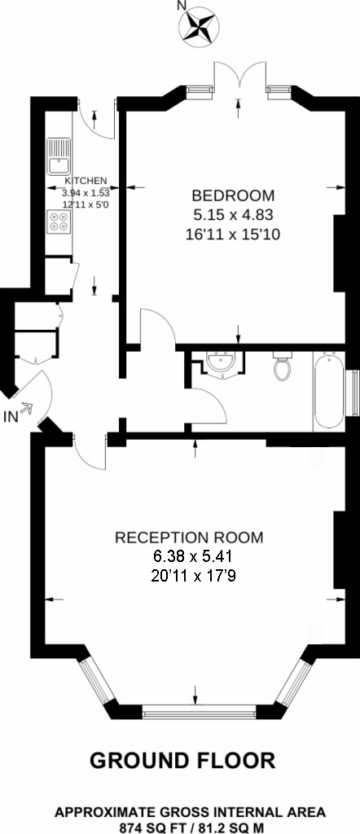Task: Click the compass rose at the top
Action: click(198, 24)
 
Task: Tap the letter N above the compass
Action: click(182, 7)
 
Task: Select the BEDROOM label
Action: click(233, 195)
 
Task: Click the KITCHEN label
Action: click(86, 181)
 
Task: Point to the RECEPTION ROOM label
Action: click(189, 538)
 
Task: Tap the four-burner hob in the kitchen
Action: click(59, 222)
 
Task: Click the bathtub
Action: click(328, 391)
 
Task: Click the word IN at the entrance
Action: click(10, 418)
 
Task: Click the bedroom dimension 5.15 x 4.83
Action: click(233, 215)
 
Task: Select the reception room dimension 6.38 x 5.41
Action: click(189, 558)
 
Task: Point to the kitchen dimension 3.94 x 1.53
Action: click(86, 193)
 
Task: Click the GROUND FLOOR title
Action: click(182, 761)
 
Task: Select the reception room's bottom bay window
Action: click(195, 711)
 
